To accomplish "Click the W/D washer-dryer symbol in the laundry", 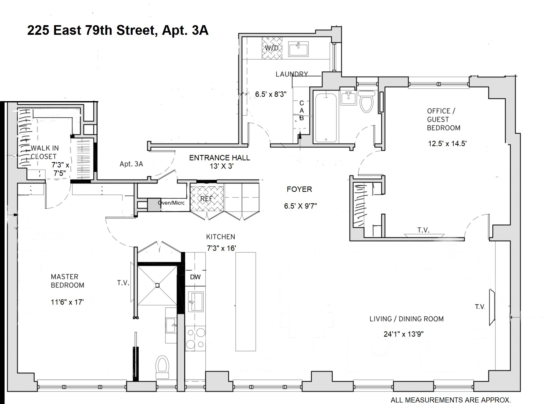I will pyautogui.click(x=272, y=48).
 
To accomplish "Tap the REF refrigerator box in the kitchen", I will pyautogui.click(x=206, y=199).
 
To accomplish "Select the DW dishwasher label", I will pyautogui.click(x=195, y=277).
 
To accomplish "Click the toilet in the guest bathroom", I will pyautogui.click(x=366, y=102).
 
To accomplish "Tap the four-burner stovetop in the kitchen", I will pyautogui.click(x=195, y=338).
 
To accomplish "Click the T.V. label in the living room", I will pyautogui.click(x=480, y=307).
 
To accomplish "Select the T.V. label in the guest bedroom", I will pyautogui.click(x=423, y=230).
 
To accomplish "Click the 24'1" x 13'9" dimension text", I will pyautogui.click(x=404, y=334).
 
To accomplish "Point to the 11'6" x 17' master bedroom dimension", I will pyautogui.click(x=67, y=302).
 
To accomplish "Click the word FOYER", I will pyautogui.click(x=299, y=189).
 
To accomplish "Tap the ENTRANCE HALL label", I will pyautogui.click(x=219, y=158).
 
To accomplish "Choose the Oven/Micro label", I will pyautogui.click(x=171, y=203).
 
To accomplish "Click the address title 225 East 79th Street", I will pyautogui.click(x=118, y=30).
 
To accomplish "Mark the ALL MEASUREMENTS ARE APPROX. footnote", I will pyautogui.click(x=451, y=400).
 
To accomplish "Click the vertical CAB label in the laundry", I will pyautogui.click(x=301, y=111).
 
